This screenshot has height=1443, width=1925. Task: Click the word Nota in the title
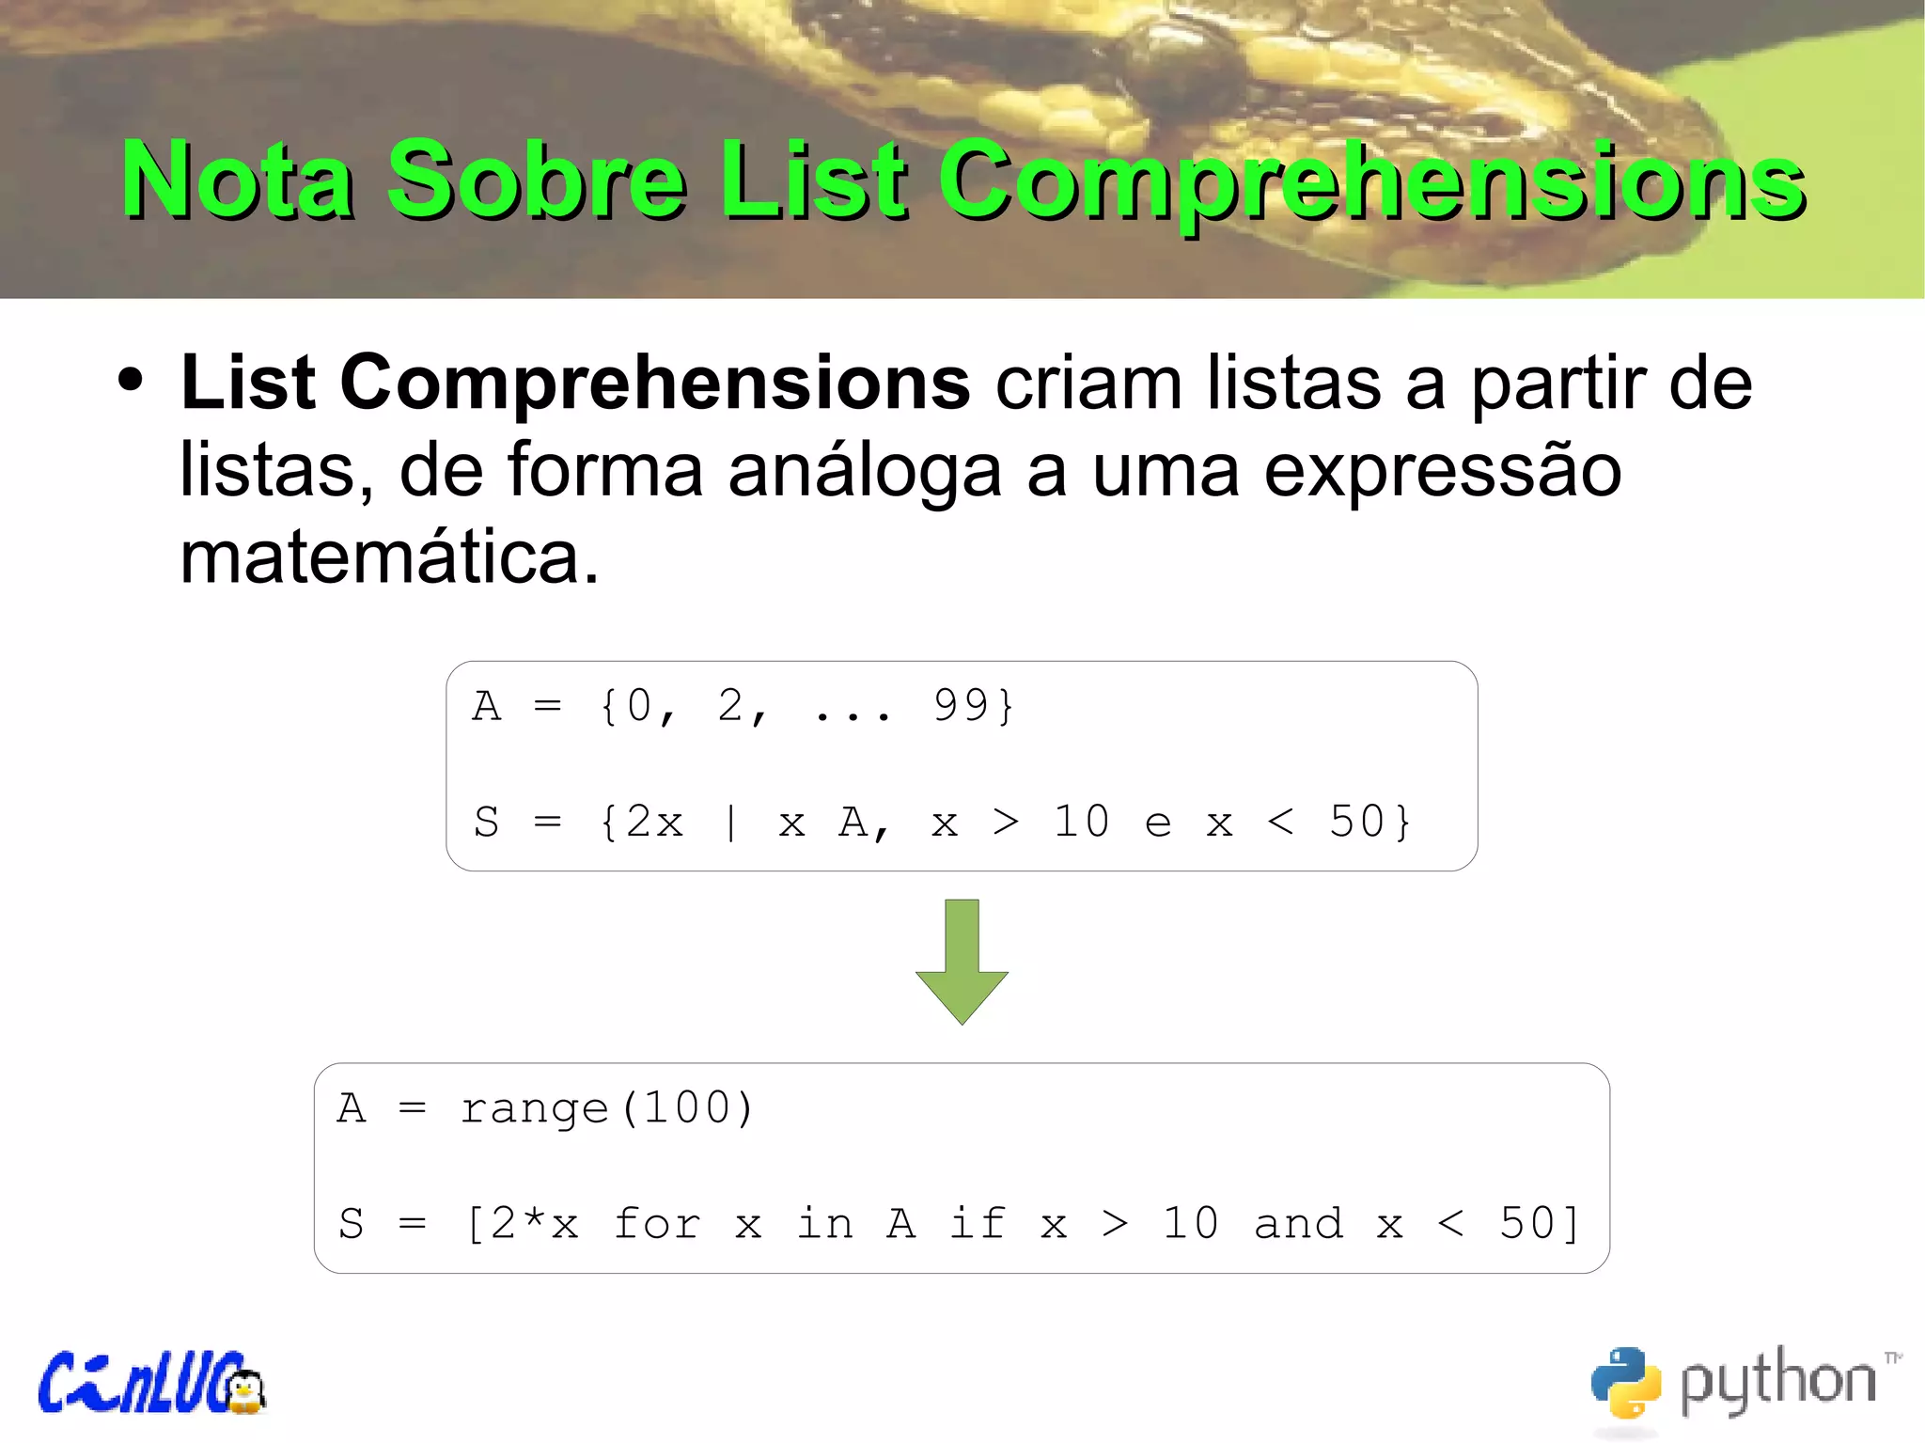click(239, 180)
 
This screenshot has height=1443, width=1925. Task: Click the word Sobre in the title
click(537, 180)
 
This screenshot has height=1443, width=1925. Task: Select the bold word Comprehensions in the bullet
click(655, 384)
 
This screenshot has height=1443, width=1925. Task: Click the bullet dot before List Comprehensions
click(131, 381)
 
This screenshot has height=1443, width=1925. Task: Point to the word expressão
click(1442, 471)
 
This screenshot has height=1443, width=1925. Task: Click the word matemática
click(388, 557)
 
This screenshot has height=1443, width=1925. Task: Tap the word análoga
click(864, 471)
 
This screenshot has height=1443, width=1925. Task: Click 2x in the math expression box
click(655, 823)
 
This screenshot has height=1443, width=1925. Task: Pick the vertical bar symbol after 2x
click(731, 823)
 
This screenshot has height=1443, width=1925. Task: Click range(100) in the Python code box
click(606, 1108)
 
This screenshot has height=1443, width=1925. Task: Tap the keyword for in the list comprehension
click(657, 1224)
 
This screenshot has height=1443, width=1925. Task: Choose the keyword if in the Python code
click(978, 1224)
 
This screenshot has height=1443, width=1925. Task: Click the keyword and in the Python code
click(1299, 1224)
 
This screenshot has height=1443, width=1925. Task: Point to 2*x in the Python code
click(534, 1224)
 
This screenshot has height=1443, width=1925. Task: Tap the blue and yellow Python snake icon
click(1625, 1382)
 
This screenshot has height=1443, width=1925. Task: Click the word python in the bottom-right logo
click(1776, 1382)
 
